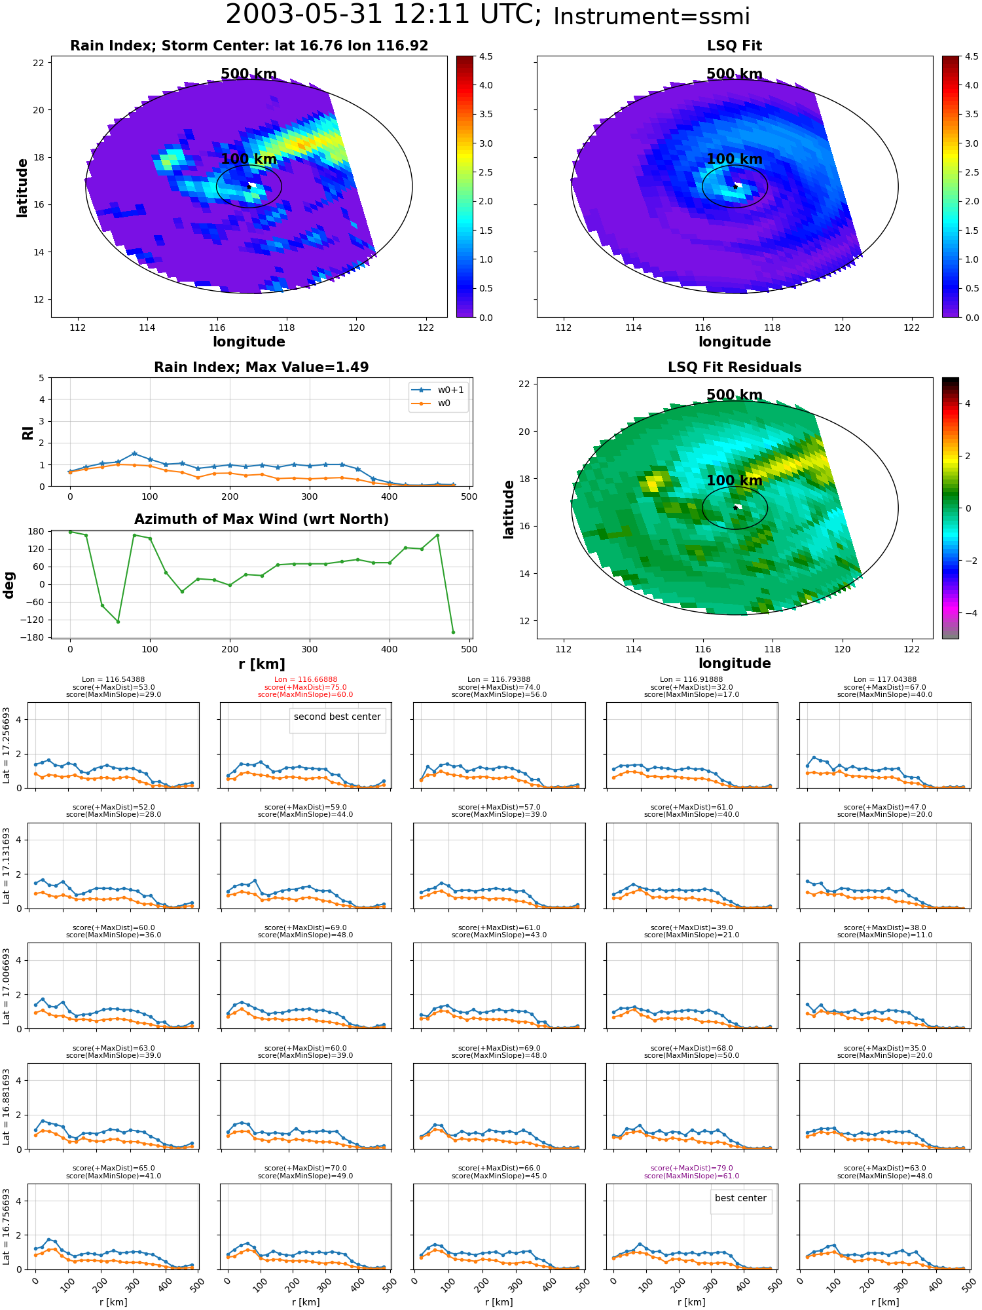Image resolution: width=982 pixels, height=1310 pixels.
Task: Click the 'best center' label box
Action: pos(740,1198)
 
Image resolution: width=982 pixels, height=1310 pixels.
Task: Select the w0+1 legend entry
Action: pos(439,390)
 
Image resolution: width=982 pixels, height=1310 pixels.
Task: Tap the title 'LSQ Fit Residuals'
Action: pos(735,367)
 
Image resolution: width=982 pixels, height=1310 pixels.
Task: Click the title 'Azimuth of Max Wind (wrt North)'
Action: pos(261,519)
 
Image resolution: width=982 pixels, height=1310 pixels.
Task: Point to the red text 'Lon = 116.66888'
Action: pos(306,680)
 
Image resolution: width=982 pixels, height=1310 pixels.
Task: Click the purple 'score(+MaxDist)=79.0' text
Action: pos(691,1169)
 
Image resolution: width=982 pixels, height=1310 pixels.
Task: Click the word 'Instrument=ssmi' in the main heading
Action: pos(651,16)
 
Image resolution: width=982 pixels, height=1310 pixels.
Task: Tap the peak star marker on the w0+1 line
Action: pos(134,453)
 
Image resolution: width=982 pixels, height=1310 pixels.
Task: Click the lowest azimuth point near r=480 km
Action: pos(453,632)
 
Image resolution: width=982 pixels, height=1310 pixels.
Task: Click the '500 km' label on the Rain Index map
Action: pos(249,74)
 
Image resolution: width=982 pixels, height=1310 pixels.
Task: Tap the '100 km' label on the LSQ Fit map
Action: pos(735,159)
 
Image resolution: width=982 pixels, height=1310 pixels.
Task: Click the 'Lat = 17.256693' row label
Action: pos(7,745)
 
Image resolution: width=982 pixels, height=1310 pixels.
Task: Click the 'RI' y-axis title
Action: pos(27,433)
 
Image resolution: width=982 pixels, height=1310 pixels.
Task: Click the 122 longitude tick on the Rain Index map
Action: pos(426,327)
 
